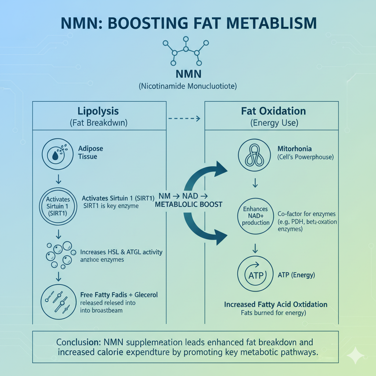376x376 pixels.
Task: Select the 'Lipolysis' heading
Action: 98,111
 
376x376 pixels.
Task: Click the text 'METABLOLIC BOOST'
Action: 189,204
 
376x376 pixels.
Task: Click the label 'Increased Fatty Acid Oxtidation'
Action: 276,304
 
